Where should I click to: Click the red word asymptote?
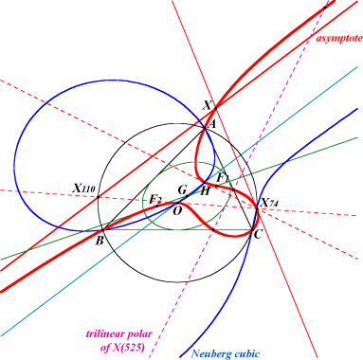[339, 39]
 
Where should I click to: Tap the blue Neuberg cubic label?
[226, 354]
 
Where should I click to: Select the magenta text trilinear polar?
[119, 334]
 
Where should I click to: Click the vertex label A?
[211, 124]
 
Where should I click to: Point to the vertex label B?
[100, 241]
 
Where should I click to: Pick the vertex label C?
[258, 234]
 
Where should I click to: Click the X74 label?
[269, 203]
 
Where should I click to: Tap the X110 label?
[83, 189]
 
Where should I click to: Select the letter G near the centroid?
[182, 190]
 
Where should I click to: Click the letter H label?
[205, 191]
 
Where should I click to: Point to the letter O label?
[178, 210]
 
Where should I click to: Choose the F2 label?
[155, 199]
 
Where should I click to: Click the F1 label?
[222, 178]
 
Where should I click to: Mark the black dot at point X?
[216, 108]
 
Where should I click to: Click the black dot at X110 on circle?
[98, 197]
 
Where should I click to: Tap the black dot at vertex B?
[102, 230]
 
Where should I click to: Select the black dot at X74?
[257, 208]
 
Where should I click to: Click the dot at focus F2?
[157, 206]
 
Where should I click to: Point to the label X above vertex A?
[207, 105]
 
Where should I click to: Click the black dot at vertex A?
[205, 128]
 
